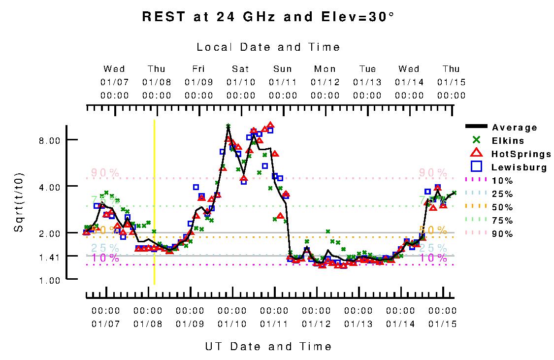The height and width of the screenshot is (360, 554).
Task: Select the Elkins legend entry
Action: coord(508,141)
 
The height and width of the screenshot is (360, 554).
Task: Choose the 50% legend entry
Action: coord(502,207)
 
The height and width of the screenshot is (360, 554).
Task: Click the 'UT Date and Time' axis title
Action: coord(268,347)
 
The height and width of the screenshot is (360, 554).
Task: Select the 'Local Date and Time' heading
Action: coord(268,47)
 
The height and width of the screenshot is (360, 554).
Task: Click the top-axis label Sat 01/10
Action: coord(241,82)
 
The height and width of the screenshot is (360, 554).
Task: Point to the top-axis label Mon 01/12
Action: coord(325,82)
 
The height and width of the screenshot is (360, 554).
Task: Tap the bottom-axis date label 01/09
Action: coord(190,324)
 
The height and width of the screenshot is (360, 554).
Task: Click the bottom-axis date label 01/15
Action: coord(442,324)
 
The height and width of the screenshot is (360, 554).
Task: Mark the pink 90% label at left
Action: coord(105,173)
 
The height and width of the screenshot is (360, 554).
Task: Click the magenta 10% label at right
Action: coord(433,258)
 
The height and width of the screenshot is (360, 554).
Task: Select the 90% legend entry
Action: coord(502,234)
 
